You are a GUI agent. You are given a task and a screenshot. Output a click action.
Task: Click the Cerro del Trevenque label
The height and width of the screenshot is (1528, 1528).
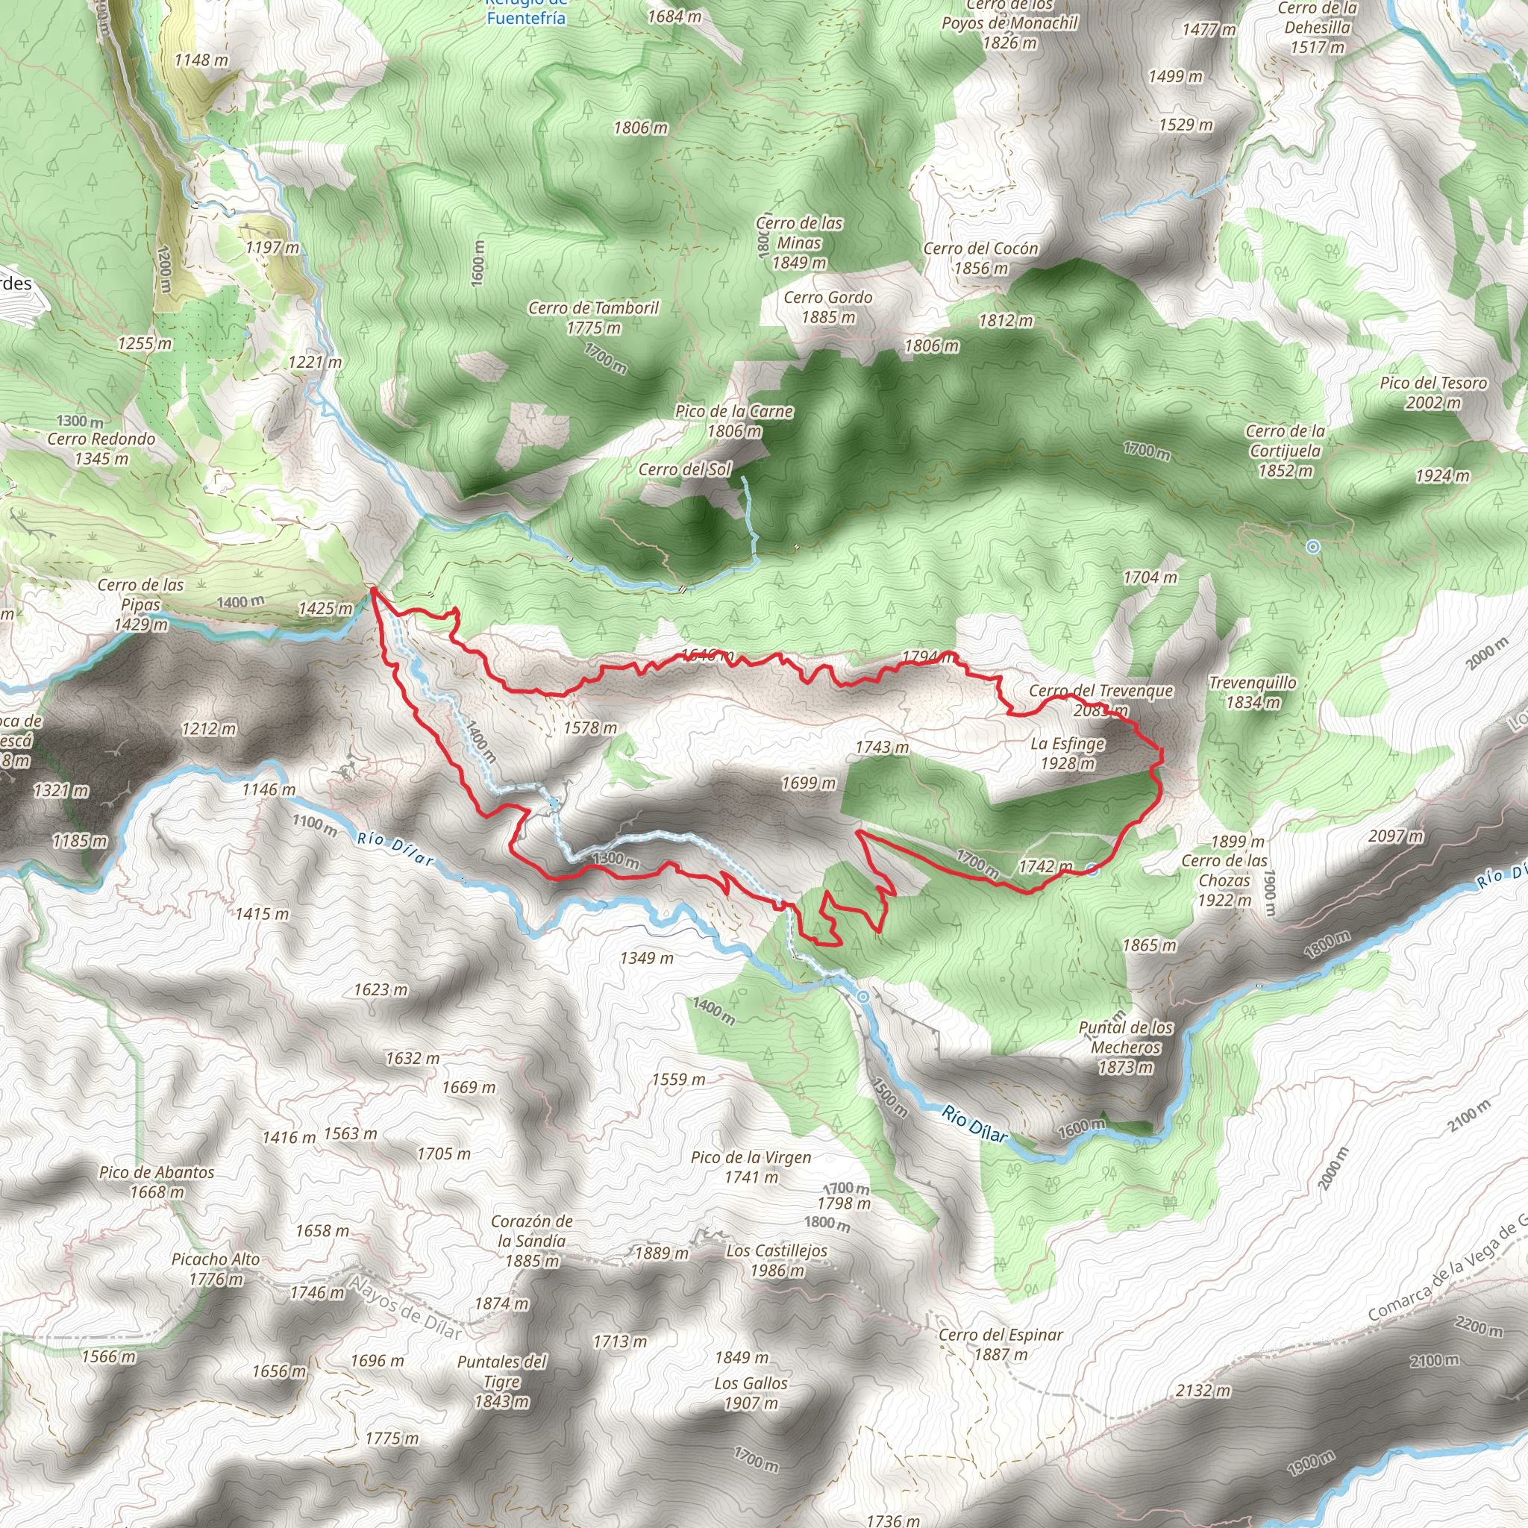tap(1100, 691)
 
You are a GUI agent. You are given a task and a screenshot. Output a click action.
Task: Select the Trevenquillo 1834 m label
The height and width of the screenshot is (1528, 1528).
tap(1252, 692)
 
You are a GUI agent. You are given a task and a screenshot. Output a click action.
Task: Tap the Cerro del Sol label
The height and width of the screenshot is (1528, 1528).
tap(685, 470)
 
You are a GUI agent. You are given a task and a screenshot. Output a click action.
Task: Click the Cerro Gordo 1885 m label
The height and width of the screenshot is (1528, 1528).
tap(828, 307)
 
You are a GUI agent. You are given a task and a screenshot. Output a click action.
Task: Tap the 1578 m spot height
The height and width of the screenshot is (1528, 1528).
tap(590, 727)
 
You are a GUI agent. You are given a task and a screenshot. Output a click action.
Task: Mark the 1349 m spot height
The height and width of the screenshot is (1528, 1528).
tap(646, 958)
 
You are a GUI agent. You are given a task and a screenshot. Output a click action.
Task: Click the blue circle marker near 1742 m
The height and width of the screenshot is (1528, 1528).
tap(1092, 871)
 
